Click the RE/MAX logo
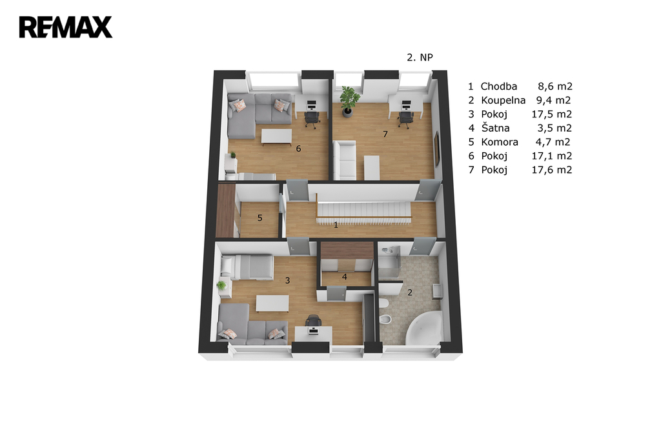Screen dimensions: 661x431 point(66,27)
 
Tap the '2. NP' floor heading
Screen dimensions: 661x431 point(420,57)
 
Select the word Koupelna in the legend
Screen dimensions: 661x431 point(503,100)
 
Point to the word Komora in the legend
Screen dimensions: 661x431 point(500,142)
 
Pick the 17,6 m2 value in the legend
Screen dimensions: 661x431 point(552,170)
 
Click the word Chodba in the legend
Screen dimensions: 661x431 point(499,86)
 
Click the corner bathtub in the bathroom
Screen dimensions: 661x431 point(423,328)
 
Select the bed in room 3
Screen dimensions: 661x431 point(247,267)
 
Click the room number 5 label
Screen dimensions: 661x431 point(259,218)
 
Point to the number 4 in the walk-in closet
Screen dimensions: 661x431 point(345,277)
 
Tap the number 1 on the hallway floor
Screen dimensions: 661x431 point(336,225)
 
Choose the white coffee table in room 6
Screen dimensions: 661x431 point(276,137)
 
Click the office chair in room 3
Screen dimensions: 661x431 point(313,321)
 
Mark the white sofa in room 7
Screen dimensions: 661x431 point(345,161)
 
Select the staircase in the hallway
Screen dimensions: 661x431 point(363,210)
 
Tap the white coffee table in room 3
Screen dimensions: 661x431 point(272,304)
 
